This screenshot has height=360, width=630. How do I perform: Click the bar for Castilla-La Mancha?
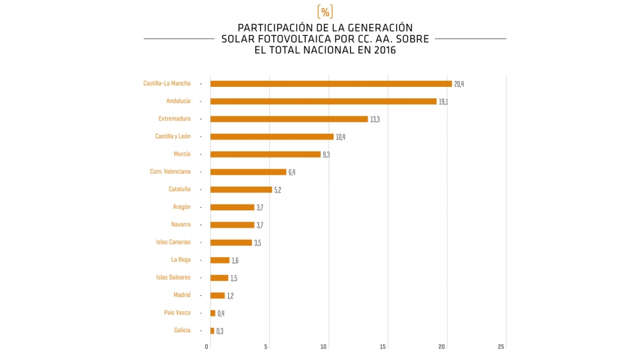tap(331, 84)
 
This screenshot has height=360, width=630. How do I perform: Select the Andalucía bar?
tap(323, 102)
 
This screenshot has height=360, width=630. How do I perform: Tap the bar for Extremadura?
tap(289, 119)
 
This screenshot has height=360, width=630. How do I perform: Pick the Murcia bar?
tap(265, 154)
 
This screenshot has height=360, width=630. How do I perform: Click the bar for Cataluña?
tap(241, 190)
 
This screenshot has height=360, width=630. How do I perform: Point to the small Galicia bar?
tap(212, 330)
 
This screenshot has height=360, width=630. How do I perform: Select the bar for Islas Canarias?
tap(231, 242)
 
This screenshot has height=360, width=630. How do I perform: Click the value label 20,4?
tap(458, 84)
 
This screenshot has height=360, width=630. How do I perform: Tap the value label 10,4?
tap(340, 137)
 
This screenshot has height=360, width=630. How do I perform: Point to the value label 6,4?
tap(292, 172)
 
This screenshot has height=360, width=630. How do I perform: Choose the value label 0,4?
tap(221, 314)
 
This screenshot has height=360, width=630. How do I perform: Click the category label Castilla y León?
tap(172, 136)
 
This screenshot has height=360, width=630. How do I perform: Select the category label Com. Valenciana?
tap(170, 172)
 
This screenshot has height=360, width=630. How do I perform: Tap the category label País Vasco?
tap(177, 312)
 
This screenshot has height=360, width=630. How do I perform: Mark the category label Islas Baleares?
tap(173, 277)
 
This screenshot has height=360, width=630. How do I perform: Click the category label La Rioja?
tap(181, 260)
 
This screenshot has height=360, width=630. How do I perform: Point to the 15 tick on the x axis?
tap(383, 347)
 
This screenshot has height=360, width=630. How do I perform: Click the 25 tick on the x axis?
tap(501, 347)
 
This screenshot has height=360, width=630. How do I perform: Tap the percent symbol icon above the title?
tap(325, 12)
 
